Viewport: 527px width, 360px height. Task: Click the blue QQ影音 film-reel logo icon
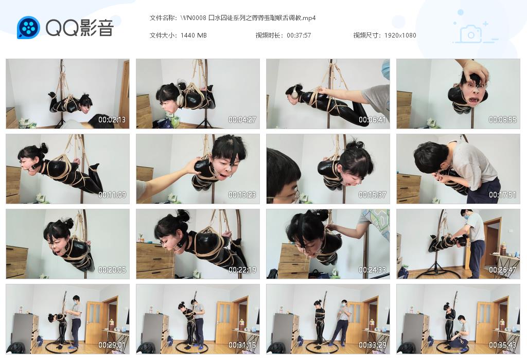click(x=28, y=28)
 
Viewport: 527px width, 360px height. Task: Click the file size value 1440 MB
click(x=194, y=35)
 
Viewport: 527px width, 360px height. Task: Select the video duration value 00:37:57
click(x=298, y=35)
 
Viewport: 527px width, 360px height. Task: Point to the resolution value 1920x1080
click(x=400, y=35)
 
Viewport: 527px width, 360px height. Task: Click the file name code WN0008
click(x=193, y=18)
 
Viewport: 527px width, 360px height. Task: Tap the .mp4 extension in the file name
click(x=308, y=18)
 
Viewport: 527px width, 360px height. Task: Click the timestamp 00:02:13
click(x=112, y=120)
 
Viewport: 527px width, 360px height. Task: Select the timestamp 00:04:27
click(x=242, y=120)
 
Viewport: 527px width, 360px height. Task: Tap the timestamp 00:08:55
click(x=503, y=120)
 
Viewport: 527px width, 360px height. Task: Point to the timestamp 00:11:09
click(x=112, y=195)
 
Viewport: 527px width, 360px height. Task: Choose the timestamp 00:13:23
click(x=242, y=195)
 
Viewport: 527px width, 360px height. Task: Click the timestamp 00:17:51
click(x=503, y=195)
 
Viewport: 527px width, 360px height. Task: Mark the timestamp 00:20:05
click(x=112, y=270)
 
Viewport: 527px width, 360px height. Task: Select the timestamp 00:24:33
click(x=373, y=270)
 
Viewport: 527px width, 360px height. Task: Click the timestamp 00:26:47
click(x=503, y=270)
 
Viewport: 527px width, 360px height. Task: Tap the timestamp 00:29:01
click(x=112, y=345)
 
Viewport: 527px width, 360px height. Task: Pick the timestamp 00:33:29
click(x=373, y=345)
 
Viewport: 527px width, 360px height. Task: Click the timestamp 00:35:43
click(x=503, y=345)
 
